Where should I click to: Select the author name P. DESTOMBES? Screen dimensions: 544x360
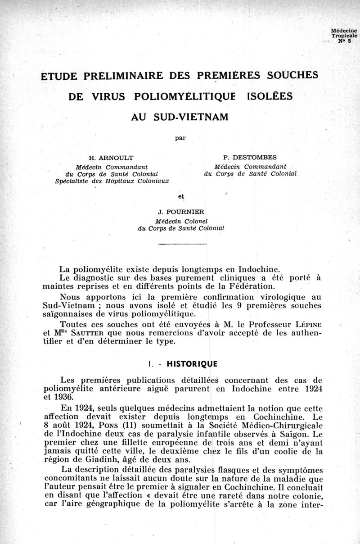tap(250, 157)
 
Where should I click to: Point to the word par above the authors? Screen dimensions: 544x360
tap(181, 138)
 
